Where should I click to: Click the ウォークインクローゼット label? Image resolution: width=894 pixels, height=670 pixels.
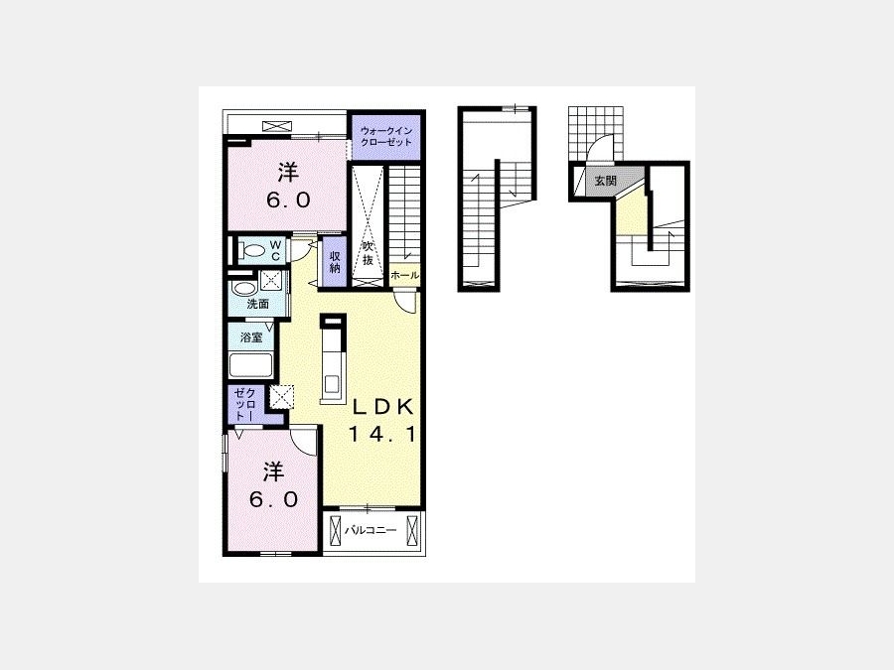(x=386, y=137)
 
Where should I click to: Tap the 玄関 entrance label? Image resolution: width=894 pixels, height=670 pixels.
(x=606, y=182)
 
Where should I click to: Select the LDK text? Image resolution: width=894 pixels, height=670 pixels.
(x=382, y=407)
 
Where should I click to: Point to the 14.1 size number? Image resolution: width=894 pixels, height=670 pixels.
(x=382, y=436)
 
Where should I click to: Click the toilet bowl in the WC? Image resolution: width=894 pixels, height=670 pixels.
(x=252, y=249)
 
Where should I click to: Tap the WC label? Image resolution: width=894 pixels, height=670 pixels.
(x=275, y=250)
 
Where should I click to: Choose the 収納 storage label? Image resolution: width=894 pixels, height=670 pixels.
(x=335, y=261)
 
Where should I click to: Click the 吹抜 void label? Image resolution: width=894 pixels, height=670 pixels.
(x=368, y=253)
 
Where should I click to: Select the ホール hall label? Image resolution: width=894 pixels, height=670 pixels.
(x=405, y=276)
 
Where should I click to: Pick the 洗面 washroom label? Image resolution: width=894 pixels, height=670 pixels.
(x=257, y=304)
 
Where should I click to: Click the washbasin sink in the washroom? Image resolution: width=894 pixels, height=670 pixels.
(x=244, y=288)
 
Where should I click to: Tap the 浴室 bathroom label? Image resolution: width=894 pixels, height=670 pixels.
(x=251, y=337)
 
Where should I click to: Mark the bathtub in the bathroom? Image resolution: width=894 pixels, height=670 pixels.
(x=251, y=365)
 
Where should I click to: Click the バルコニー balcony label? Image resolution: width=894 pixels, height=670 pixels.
(x=371, y=530)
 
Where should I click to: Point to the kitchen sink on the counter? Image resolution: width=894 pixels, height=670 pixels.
(x=331, y=384)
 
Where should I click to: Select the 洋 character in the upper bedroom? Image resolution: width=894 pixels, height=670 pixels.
(x=288, y=172)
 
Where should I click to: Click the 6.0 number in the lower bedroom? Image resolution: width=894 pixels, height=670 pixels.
(x=273, y=499)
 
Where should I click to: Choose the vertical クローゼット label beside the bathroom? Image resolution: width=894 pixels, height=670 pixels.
(x=246, y=405)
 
